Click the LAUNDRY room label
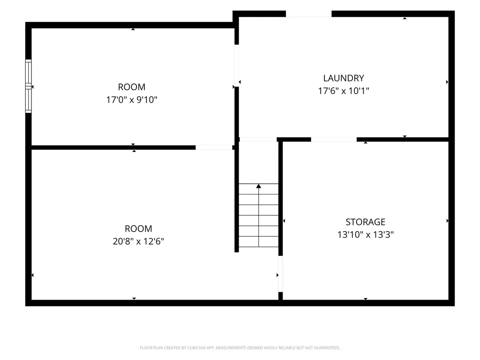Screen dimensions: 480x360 (344, 78)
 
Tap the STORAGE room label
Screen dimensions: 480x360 (365, 222)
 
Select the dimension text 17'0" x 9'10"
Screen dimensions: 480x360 (132, 99)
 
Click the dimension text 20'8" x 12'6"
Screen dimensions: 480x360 (138, 241)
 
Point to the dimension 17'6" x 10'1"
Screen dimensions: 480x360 (344, 90)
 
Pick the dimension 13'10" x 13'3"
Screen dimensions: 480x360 (365, 234)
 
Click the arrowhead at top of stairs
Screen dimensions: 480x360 (259, 186)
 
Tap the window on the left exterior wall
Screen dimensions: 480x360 (28, 86)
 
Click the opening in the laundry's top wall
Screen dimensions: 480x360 (308, 14)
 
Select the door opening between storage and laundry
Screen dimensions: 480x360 (334, 140)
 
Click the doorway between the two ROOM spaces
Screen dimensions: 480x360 (214, 148)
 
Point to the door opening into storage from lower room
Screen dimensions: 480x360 (280, 274)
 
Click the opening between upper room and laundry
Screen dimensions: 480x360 (237, 66)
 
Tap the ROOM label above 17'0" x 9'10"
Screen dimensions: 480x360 (132, 87)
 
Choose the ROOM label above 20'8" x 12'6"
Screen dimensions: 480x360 (138, 229)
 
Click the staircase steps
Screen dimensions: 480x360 (259, 215)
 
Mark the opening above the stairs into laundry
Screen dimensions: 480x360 (258, 140)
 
